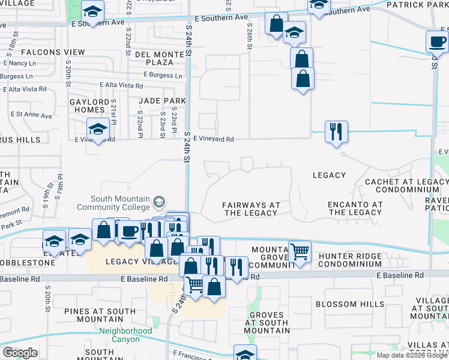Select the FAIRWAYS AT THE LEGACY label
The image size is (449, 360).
(x=252, y=209)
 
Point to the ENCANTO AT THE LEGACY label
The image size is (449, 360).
(x=355, y=208)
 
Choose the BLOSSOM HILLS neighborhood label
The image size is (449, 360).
(x=350, y=304)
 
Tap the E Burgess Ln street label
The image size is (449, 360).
(x=163, y=76)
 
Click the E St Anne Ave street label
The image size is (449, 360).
(x=31, y=114)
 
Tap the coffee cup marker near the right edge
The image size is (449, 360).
(x=436, y=41)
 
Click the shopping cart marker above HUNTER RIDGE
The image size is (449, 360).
(x=300, y=252)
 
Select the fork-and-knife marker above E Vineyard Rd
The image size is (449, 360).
(x=336, y=130)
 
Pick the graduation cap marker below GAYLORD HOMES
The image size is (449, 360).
(x=98, y=128)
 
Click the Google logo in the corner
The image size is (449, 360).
(x=20, y=353)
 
